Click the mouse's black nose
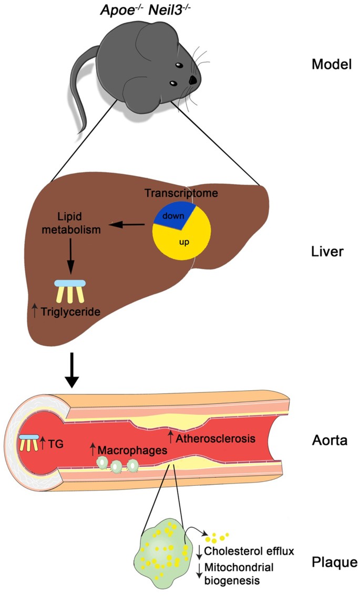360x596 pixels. [x=193, y=80]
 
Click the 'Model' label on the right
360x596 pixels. [x=328, y=65]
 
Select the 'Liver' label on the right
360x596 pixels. [x=327, y=252]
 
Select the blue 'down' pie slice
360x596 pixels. [x=171, y=214]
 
